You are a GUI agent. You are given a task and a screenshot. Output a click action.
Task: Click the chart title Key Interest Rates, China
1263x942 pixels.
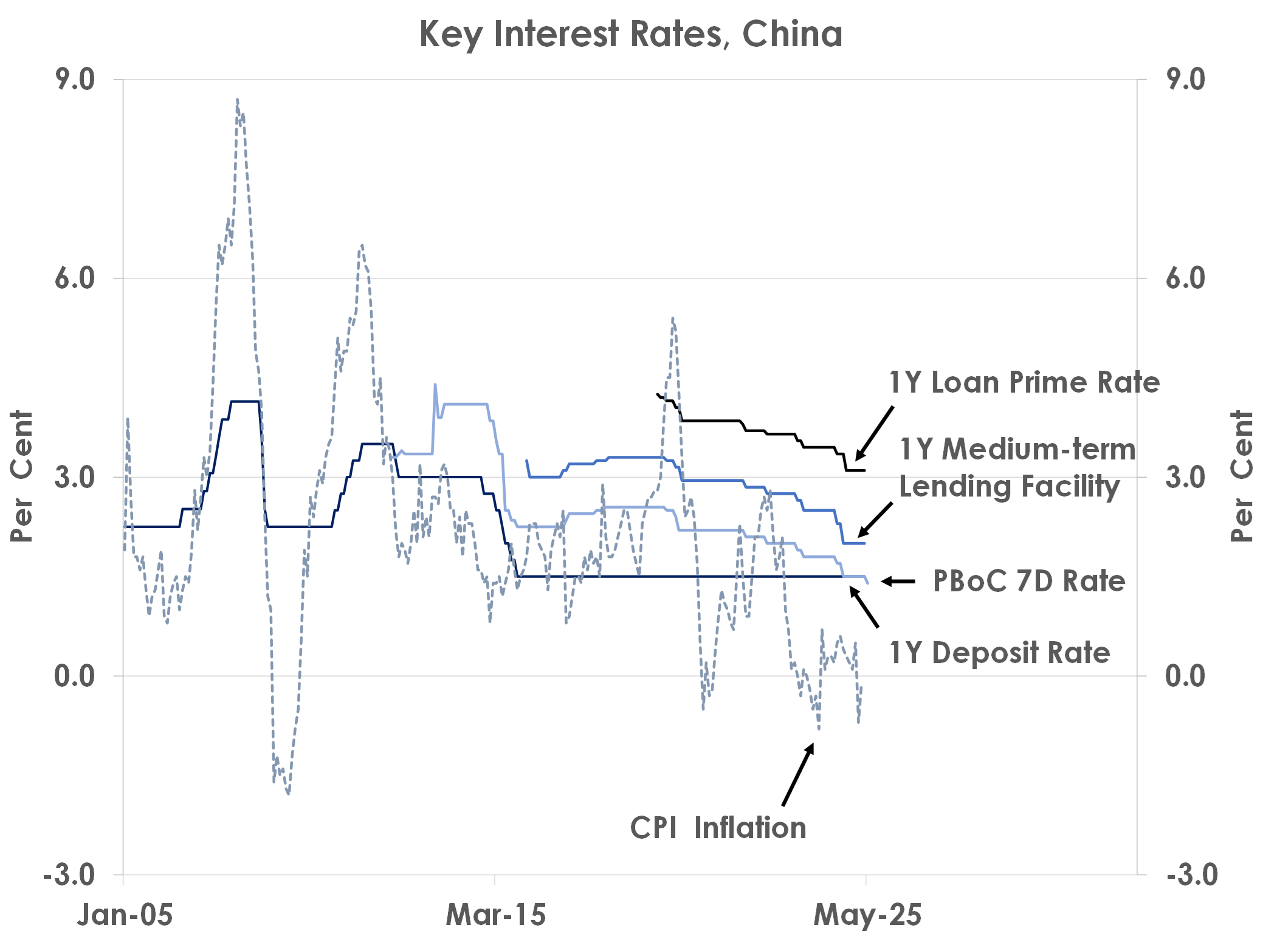tap(631, 34)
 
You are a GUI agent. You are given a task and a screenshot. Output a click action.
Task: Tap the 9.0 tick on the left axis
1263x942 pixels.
tap(75, 80)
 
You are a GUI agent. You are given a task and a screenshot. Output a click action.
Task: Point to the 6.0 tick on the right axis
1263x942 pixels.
tap(1185, 278)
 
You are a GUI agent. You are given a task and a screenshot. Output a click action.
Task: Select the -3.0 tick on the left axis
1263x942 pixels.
tap(69, 875)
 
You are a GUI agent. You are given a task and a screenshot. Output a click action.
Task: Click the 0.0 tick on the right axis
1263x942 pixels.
tap(1185, 676)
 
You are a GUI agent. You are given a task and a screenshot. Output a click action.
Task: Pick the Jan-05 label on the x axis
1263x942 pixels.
tap(125, 915)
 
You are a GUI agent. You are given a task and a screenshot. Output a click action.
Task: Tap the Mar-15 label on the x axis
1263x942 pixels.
tap(495, 915)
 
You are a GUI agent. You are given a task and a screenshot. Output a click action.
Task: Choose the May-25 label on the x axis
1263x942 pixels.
tap(867, 915)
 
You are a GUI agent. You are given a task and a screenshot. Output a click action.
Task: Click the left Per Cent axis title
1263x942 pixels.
tap(22, 476)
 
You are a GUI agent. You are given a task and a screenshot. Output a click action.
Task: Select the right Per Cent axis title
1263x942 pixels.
tap(1242, 476)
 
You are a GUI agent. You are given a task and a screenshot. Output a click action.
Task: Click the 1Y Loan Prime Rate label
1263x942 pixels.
tap(1024, 382)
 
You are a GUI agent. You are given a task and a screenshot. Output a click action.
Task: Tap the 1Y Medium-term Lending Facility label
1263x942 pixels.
tap(1017, 467)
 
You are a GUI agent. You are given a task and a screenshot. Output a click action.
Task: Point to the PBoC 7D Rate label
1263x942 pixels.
tap(1028, 581)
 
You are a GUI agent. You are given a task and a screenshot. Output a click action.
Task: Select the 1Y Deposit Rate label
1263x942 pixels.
tap(1000, 653)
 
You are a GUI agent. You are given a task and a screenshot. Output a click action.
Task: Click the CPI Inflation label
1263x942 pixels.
tap(718, 828)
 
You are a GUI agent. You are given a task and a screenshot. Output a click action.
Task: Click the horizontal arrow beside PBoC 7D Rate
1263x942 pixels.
tap(898, 582)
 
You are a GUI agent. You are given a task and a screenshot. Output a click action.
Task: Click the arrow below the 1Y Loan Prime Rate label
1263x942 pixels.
tap(875, 433)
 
